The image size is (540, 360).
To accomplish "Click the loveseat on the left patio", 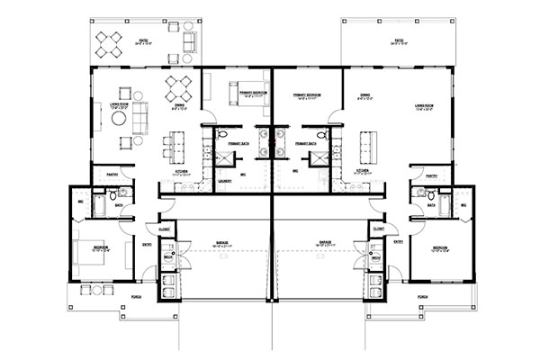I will click(x=189, y=42).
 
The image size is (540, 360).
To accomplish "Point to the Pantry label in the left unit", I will click(x=114, y=174).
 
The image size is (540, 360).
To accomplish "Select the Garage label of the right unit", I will click(x=323, y=241).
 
